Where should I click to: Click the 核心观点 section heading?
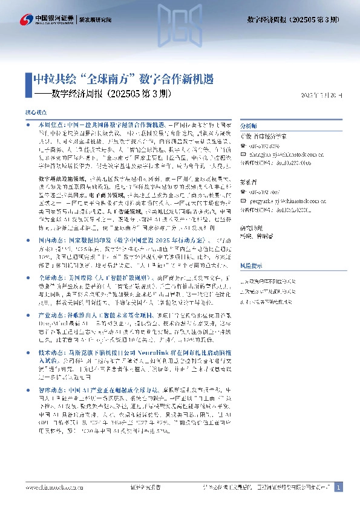(34, 112)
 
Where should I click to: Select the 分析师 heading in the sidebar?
(248, 125)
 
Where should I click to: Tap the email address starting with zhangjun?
(279, 153)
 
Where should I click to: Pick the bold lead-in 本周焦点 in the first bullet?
(50, 123)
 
